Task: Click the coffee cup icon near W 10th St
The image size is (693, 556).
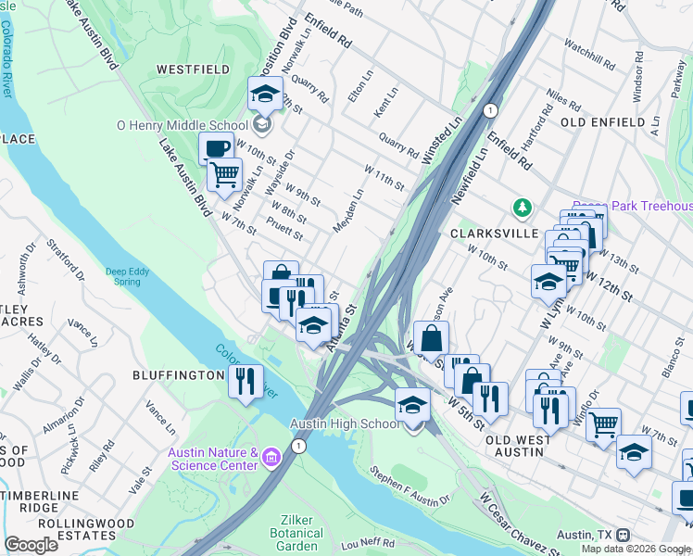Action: [x=217, y=148]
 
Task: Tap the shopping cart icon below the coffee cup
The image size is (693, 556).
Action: [x=223, y=174]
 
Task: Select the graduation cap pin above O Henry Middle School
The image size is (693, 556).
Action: [x=265, y=94]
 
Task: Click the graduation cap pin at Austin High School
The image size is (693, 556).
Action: [x=412, y=405]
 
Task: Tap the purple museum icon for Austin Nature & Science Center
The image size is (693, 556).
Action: [x=270, y=457]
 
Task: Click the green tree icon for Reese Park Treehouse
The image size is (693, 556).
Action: [x=523, y=206]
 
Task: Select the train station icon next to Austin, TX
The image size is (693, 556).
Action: [x=623, y=536]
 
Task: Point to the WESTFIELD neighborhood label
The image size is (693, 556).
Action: [x=192, y=69]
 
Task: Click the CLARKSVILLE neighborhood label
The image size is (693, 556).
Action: [x=494, y=234]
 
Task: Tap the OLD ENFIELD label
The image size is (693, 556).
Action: [x=602, y=122]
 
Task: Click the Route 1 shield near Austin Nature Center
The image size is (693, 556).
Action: [x=297, y=447]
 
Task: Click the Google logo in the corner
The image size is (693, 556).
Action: [x=31, y=544]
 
